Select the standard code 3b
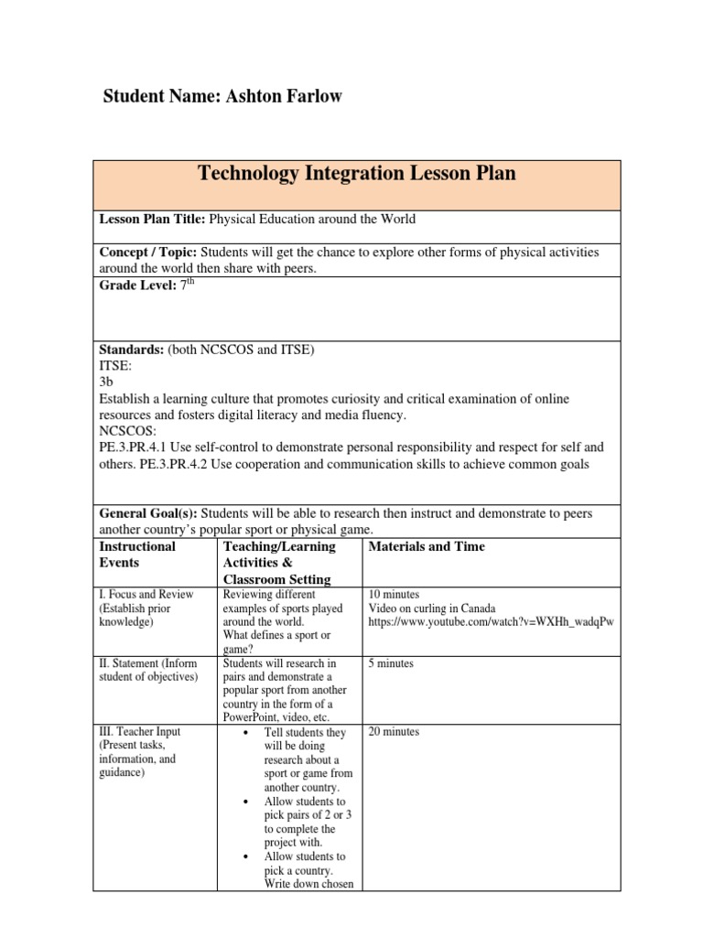(106, 382)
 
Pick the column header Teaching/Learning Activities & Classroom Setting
(279, 563)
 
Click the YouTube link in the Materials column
(490, 622)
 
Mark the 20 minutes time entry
(394, 732)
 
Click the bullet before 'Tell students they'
(248, 733)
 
